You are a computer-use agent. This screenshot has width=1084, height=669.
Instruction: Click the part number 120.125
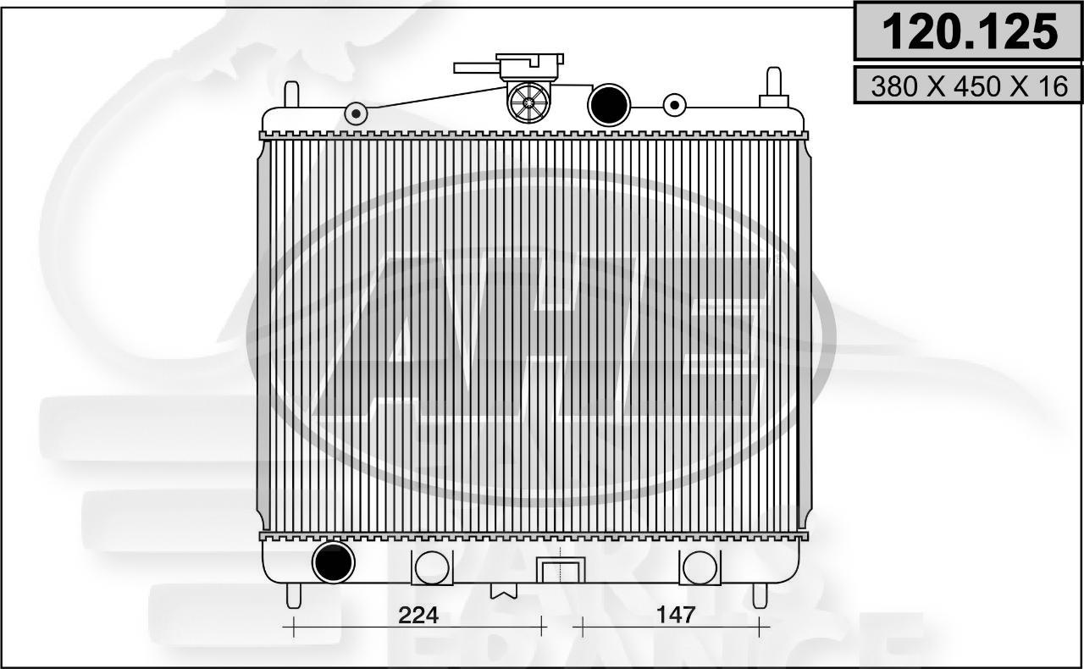[x=969, y=31]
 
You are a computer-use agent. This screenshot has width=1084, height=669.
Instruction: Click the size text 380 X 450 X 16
[x=969, y=86]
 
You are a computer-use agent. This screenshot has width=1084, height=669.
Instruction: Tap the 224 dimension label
[x=419, y=616]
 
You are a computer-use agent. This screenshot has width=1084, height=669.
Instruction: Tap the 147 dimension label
[x=675, y=616]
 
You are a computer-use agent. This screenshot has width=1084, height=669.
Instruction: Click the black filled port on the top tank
[x=609, y=104]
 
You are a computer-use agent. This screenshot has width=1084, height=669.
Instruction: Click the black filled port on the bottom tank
[x=333, y=561]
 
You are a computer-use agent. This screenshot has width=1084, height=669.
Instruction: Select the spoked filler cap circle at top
[x=528, y=102]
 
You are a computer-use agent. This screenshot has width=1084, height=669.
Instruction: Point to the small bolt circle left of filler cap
[x=357, y=113]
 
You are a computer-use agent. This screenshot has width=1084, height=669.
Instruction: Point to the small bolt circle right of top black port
[x=674, y=105]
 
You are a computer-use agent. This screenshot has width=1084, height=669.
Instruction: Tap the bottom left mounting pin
[x=293, y=595]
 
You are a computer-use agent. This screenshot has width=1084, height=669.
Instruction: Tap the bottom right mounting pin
[x=760, y=594]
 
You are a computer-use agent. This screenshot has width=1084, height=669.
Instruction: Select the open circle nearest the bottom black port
[x=432, y=567]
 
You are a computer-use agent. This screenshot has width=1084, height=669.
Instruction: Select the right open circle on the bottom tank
[x=700, y=567]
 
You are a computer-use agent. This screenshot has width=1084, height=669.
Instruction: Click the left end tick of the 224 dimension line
[x=293, y=628]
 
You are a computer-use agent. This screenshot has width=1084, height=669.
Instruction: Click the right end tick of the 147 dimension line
[x=760, y=628]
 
